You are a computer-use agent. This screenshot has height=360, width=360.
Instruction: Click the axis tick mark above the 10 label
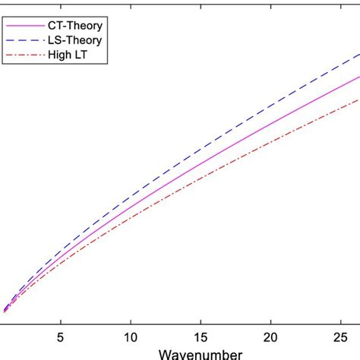(x=130, y=321)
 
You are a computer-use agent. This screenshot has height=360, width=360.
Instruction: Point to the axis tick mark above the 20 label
(x=270, y=321)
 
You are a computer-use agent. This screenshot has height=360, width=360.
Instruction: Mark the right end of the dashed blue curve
(x=358, y=55)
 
